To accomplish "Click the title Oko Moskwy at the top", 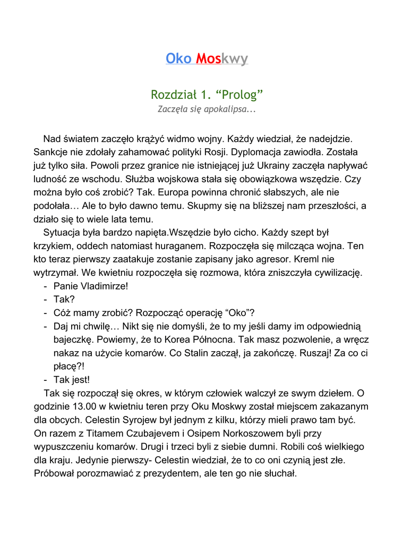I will (x=207, y=58).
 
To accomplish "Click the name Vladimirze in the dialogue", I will (x=104, y=286).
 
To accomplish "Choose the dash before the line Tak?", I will (x=45, y=300).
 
